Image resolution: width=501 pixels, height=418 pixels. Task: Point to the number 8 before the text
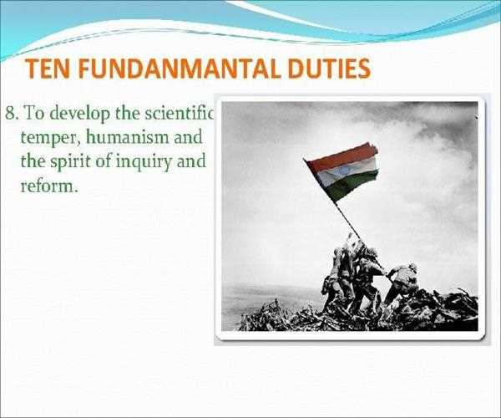10,113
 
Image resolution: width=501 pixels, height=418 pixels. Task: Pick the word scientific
179,113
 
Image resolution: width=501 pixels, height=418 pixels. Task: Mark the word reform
49,185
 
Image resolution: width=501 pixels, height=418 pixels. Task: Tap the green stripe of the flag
353,185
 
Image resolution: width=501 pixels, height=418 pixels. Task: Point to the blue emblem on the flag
344,173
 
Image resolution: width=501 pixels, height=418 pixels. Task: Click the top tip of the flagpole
304,158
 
